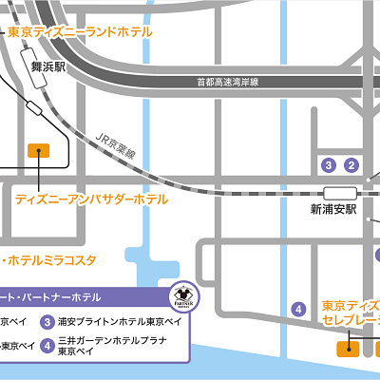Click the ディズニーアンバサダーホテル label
(91, 199)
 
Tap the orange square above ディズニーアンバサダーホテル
(38, 149)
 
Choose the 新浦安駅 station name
(332, 208)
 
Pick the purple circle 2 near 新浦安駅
(351, 165)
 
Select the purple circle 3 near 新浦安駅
(329, 165)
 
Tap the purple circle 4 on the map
(298, 309)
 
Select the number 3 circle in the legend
(48, 321)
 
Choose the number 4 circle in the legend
(48, 345)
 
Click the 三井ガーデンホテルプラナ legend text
(113, 340)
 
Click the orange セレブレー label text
(351, 322)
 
